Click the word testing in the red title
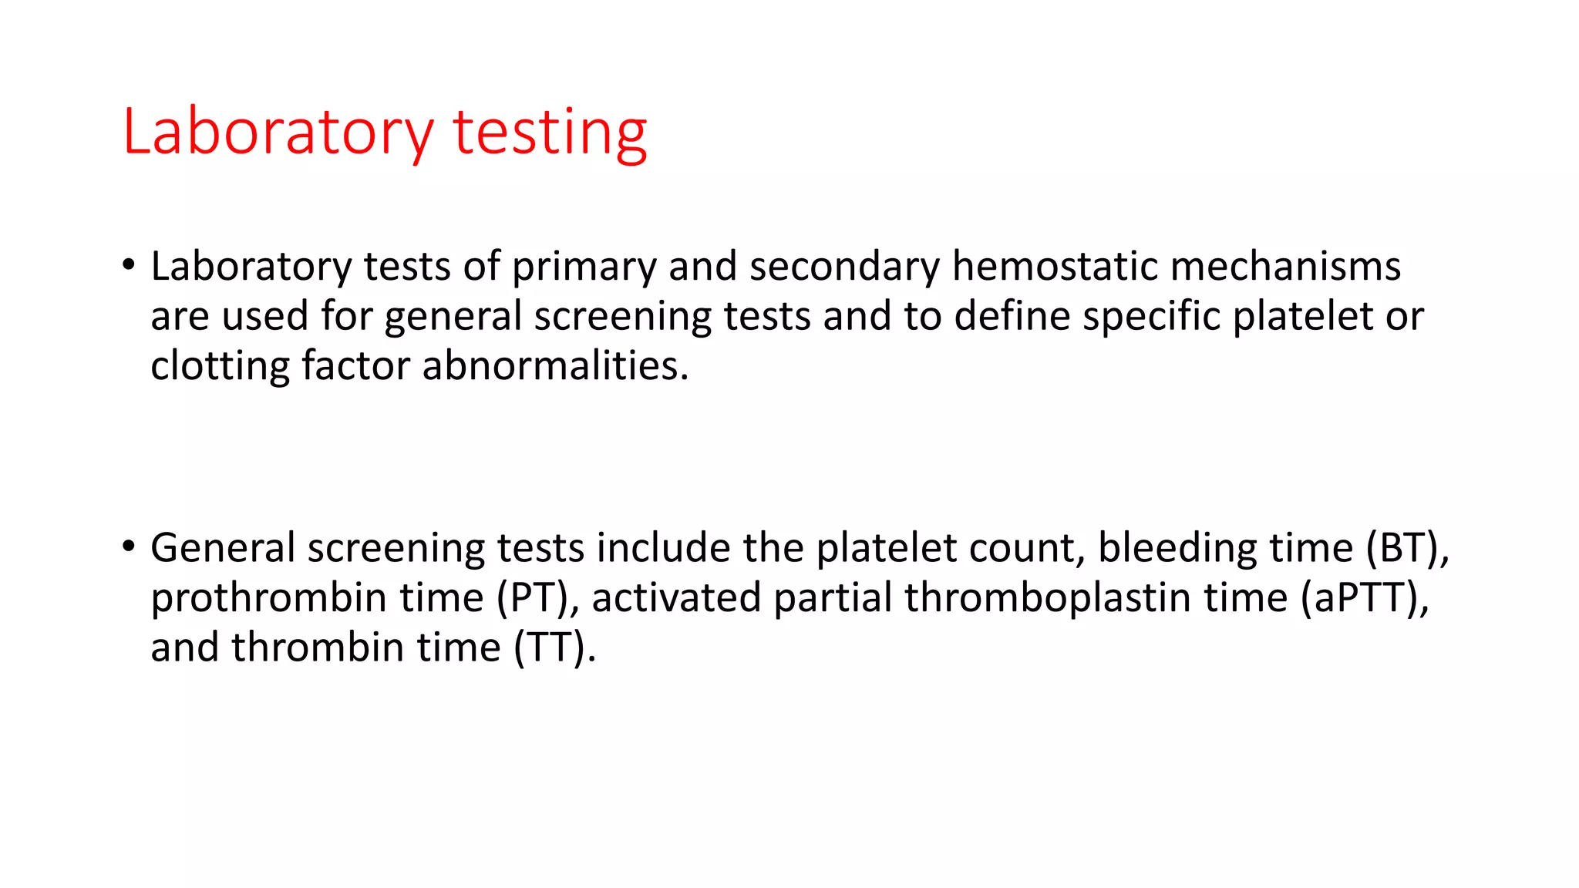[x=549, y=133]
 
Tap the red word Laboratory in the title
[x=278, y=133]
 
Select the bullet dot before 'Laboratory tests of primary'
[x=129, y=264]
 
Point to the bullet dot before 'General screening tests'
[x=129, y=547]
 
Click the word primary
[x=584, y=268]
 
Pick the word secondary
[x=844, y=267]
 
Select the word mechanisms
[x=1285, y=267]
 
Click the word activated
[x=676, y=598]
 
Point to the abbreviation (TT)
[x=554, y=647]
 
